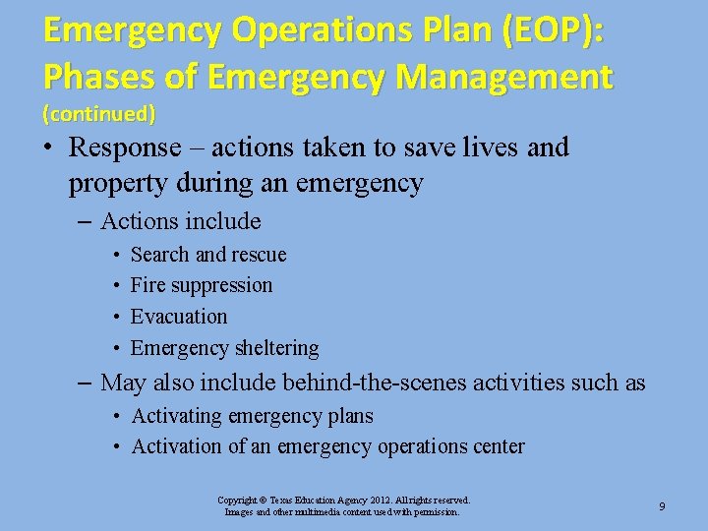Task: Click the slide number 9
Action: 662,506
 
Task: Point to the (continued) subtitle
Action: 98,114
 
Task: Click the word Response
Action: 125,148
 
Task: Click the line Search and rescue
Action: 208,255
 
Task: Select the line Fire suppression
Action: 202,285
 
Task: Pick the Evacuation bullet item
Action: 179,317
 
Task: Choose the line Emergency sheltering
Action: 224,348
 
